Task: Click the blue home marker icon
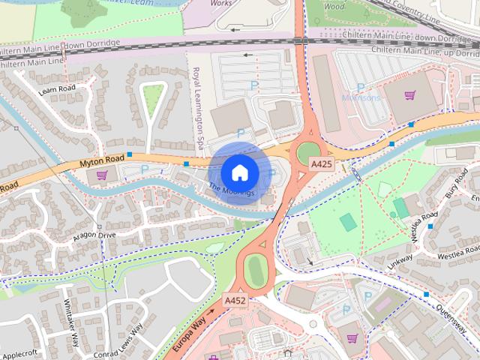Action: tap(239, 172)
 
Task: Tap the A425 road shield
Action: tap(322, 164)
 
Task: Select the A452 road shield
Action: tap(235, 301)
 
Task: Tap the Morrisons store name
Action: tap(361, 97)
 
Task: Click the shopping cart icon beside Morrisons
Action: tap(409, 95)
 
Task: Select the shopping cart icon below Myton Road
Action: tap(102, 175)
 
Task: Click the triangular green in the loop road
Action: tap(153, 95)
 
